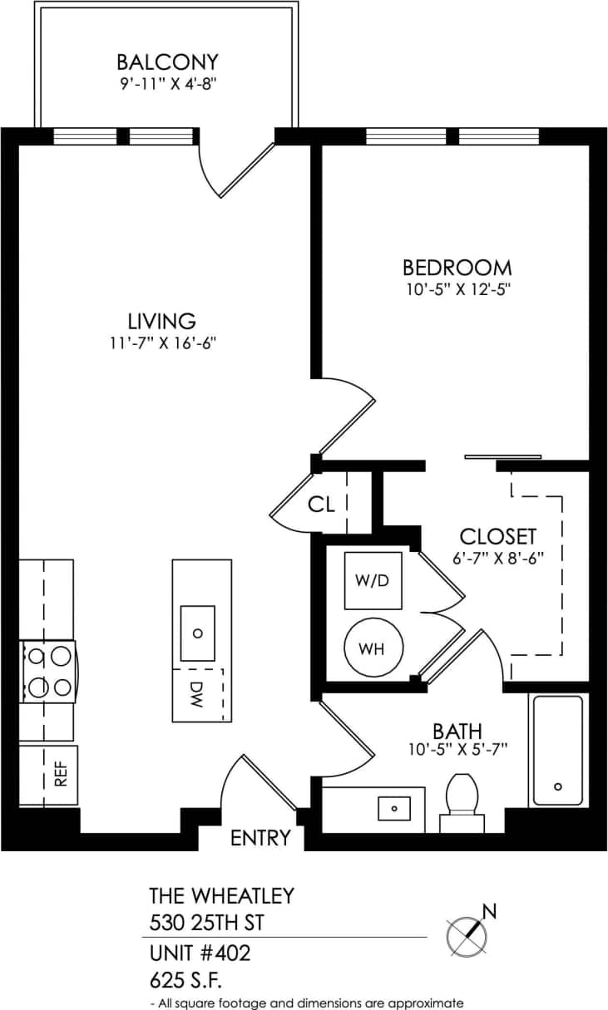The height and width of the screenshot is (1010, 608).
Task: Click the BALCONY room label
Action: click(167, 62)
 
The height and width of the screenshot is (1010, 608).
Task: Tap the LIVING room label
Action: click(161, 320)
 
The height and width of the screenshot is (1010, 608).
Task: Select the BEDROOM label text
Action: click(457, 268)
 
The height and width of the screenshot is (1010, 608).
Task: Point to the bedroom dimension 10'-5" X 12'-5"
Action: click(457, 290)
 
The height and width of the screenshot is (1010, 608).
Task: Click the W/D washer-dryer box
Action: click(373, 580)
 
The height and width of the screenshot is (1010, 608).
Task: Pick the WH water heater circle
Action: click(373, 649)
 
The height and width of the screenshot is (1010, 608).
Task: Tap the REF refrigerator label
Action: click(60, 775)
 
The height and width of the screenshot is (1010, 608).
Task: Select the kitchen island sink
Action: click(198, 632)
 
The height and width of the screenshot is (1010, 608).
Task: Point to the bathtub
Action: click(557, 751)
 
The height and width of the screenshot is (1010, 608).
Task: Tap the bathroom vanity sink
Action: click(395, 807)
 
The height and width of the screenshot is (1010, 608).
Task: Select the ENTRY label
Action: click(261, 838)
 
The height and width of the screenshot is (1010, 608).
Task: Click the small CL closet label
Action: click(321, 504)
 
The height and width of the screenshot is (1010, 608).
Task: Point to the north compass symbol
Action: click(467, 934)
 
